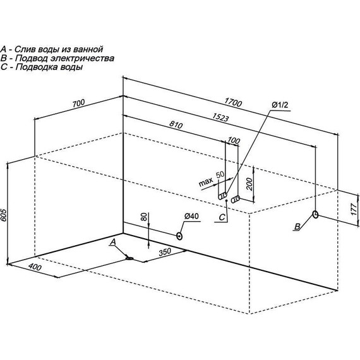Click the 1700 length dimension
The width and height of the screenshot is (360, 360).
click(233, 102)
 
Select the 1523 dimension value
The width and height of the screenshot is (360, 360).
click(220, 117)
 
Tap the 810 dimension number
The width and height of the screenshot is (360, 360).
click(176, 124)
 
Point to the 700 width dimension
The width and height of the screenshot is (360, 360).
click(78, 104)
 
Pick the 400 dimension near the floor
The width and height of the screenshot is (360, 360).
click(35, 267)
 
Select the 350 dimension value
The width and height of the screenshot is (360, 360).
click(165, 252)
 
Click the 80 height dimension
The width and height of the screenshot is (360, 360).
click(144, 217)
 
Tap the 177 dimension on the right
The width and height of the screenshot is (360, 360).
click(354, 208)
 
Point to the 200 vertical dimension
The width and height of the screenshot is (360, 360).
click(249, 184)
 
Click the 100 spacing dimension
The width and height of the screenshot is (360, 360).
click(234, 140)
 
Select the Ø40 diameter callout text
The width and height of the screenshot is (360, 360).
click(191, 216)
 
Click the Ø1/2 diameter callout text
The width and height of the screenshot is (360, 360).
click(280, 105)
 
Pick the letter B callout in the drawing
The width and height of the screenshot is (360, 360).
click(297, 227)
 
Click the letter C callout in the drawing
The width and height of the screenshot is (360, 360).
click(222, 217)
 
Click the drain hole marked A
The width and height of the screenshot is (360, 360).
click(129, 258)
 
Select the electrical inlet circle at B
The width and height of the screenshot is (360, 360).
click(315, 215)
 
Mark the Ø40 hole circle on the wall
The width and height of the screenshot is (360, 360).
click(179, 236)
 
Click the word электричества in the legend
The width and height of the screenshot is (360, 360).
click(82, 58)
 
